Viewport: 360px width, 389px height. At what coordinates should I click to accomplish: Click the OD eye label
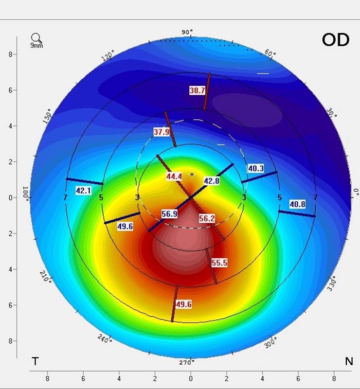336,39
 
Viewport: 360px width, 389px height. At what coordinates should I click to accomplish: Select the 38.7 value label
198,90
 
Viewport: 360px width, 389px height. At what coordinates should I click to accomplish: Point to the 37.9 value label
162,132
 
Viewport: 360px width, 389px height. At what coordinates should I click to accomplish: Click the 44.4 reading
174,177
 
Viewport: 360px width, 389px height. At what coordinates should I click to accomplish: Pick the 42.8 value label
212,181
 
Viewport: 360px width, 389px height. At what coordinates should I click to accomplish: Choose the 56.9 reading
169,214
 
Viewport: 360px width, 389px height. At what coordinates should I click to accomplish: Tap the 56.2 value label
207,219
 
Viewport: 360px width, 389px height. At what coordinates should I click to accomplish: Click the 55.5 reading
219,263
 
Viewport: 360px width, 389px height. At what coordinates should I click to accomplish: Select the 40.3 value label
256,169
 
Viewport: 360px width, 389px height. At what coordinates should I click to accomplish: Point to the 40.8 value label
297,204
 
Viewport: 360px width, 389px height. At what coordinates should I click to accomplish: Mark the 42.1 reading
84,191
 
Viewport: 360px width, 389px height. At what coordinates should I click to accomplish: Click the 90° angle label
187,32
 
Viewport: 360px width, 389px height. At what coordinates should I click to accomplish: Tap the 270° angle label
187,362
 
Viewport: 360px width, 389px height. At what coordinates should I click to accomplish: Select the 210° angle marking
45,279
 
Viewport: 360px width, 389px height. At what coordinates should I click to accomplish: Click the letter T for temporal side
35,361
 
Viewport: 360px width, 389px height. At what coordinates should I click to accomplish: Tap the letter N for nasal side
348,361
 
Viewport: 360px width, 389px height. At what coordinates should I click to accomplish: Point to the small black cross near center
192,174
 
